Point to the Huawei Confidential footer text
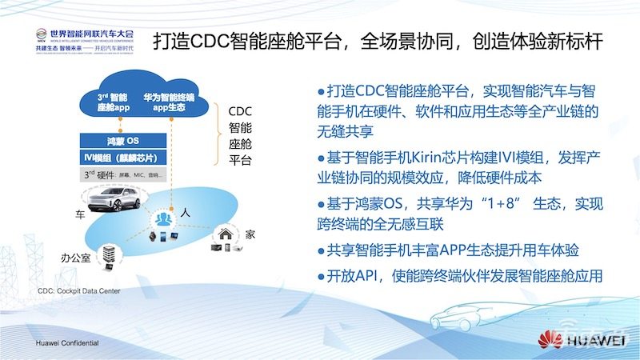point(67,342)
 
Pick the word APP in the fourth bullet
point(449,251)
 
